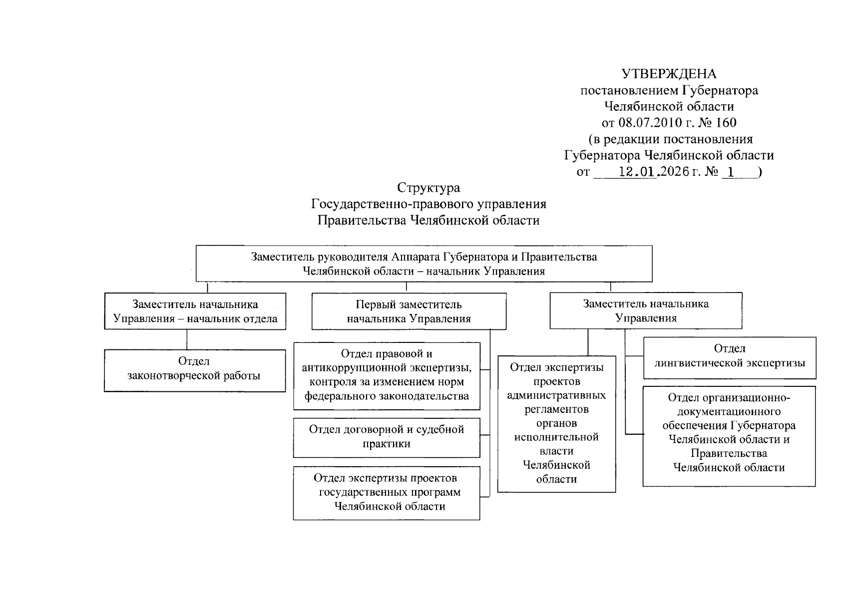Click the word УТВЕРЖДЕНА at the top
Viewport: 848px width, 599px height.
click(669, 74)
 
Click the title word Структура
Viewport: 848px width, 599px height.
click(428, 188)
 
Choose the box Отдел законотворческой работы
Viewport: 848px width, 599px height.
click(195, 370)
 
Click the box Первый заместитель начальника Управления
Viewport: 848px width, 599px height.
click(409, 311)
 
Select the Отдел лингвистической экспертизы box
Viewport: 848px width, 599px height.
click(729, 357)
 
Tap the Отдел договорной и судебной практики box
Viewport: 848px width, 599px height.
click(386, 437)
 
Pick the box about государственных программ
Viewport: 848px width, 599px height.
click(386, 493)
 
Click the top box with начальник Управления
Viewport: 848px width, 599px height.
click(424, 264)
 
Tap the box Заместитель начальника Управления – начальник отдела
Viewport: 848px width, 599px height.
click(195, 311)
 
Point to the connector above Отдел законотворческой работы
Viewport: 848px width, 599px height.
click(187, 339)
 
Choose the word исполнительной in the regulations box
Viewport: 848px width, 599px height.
click(556, 437)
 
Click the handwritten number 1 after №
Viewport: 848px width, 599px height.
click(731, 172)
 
